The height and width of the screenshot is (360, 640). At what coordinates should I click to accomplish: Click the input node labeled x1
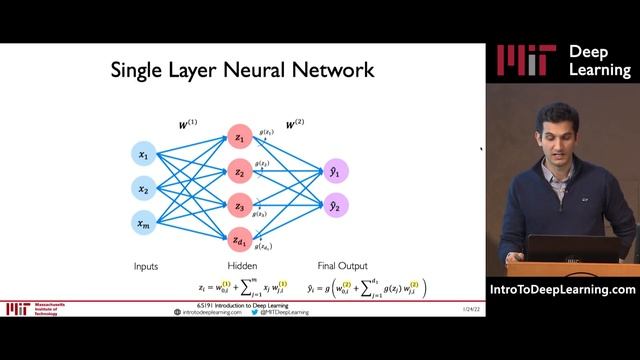(143, 155)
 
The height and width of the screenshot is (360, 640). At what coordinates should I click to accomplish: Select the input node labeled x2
(143, 189)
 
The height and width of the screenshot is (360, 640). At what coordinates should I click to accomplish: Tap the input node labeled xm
(143, 222)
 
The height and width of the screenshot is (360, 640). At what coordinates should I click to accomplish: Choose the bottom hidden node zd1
(239, 240)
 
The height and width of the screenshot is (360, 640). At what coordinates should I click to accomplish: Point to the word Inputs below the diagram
(146, 266)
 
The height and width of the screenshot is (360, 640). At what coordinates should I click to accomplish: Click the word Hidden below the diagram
(242, 266)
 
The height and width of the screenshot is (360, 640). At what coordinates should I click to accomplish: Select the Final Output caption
(337, 266)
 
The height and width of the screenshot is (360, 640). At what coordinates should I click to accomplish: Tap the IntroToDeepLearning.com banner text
(563, 290)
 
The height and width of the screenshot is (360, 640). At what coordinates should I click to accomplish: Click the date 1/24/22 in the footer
(444, 310)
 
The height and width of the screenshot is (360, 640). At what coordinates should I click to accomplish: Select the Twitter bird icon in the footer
(254, 312)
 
